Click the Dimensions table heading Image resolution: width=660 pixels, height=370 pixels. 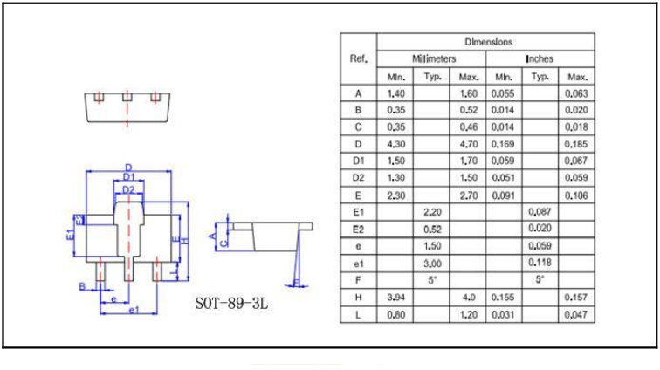point(488,41)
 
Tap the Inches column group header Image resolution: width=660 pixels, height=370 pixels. point(539,58)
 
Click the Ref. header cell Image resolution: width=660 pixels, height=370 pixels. point(358,58)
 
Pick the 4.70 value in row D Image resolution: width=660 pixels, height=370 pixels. point(468,144)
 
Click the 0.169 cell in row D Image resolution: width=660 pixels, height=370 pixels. point(504,144)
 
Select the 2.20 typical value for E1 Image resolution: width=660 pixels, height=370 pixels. point(432,212)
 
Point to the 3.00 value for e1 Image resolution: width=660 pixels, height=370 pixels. point(432,263)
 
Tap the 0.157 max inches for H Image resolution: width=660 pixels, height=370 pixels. point(576,297)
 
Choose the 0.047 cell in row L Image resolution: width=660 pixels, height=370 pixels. point(576,314)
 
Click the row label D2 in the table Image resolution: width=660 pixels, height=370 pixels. point(358,178)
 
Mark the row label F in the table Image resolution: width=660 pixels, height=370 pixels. point(358,280)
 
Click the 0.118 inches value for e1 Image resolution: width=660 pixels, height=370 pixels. point(539,263)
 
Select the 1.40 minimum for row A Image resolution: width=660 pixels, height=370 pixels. point(395,93)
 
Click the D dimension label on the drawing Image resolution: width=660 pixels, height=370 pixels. point(127,168)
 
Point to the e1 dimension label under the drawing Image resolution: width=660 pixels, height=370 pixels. point(133,310)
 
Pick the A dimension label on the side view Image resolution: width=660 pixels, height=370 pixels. point(212,233)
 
